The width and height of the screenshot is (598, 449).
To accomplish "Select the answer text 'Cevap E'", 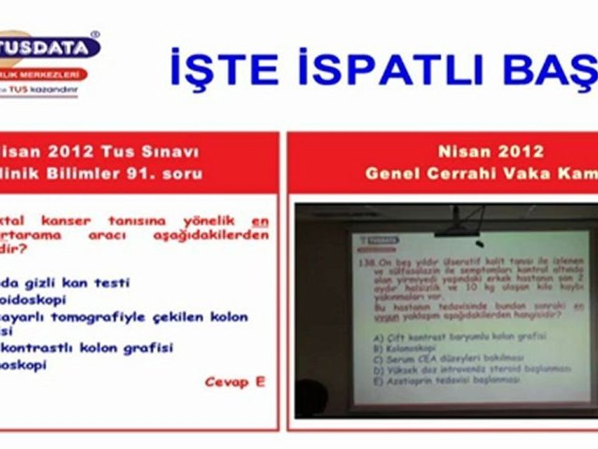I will click(x=234, y=382).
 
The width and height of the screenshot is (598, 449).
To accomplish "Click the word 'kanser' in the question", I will click(x=66, y=220).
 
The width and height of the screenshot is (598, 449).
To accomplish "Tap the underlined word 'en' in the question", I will click(x=260, y=220).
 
